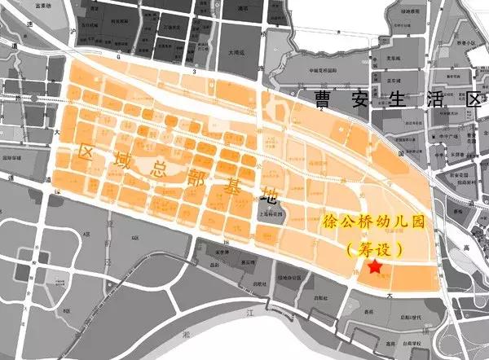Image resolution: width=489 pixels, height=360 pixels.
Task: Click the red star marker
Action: pyautogui.click(x=374, y=267)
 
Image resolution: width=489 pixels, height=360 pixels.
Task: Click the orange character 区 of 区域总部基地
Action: pyautogui.click(x=86, y=151)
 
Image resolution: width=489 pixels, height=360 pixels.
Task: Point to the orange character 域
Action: pyautogui.click(x=121, y=160)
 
